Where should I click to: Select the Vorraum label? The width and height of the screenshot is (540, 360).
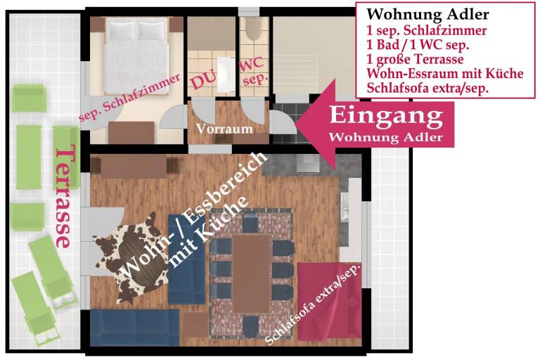[224, 129]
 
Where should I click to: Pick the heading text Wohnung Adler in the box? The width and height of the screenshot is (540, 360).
[427, 15]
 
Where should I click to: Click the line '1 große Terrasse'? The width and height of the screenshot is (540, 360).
[415, 59]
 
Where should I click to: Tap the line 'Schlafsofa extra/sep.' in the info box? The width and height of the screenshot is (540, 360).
[427, 88]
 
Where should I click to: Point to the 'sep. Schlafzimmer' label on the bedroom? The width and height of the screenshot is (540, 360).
[129, 98]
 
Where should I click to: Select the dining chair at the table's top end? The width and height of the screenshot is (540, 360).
[250, 223]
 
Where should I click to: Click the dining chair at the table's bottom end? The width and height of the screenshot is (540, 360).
[251, 326]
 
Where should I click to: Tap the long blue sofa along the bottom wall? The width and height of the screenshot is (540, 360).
[135, 327]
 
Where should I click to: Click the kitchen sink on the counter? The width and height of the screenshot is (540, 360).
[345, 207]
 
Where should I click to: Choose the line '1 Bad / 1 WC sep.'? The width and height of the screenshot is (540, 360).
[418, 45]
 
